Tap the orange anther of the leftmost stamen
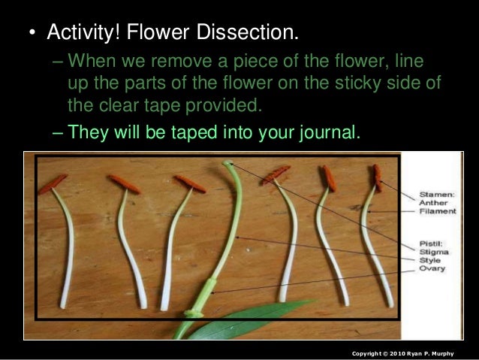(x=53, y=183)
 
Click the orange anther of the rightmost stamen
(x=378, y=177)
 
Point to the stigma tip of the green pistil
(x=227, y=162)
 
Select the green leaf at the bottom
(x=240, y=320)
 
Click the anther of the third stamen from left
(x=190, y=183)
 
